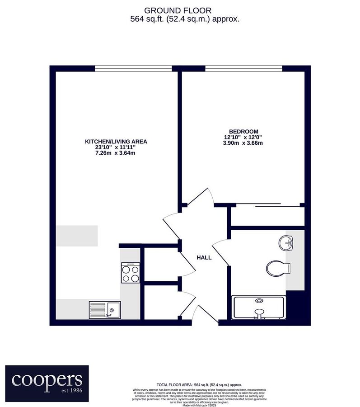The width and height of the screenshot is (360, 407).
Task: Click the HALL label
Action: click(204, 257)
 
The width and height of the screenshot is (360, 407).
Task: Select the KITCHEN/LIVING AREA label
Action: click(116, 142)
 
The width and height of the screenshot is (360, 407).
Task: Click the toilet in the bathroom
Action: click(276, 268)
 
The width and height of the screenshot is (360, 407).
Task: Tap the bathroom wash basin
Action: click(286, 243)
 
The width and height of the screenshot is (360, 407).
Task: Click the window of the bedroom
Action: click(244, 69)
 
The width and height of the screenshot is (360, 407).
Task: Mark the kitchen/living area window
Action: click(133, 69)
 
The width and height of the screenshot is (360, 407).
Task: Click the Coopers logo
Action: click(47, 381)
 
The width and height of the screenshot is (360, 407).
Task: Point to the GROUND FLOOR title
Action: click(178, 10)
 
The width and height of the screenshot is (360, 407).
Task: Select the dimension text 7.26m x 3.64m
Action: click(116, 153)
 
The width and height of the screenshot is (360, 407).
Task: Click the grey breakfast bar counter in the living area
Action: click(77, 236)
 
